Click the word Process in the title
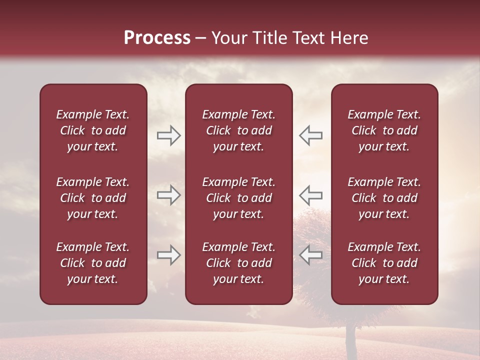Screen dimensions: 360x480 coord(157,38)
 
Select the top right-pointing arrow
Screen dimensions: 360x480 coord(168,135)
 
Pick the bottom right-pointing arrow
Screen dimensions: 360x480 coord(168,254)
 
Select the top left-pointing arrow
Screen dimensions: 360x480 coord(310,135)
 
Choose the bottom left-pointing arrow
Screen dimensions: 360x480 coord(310,254)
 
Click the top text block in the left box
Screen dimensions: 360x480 coord(93,130)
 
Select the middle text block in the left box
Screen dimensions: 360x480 coord(93,198)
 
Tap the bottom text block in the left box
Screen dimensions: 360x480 coord(93,263)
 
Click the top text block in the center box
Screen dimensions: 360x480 coord(238,130)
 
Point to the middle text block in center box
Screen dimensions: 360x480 coord(238,198)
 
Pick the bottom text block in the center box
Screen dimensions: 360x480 coord(238,263)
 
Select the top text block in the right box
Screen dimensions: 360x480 coord(384,130)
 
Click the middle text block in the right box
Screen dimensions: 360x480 coord(384,198)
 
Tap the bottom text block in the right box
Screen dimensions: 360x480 coord(384,263)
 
